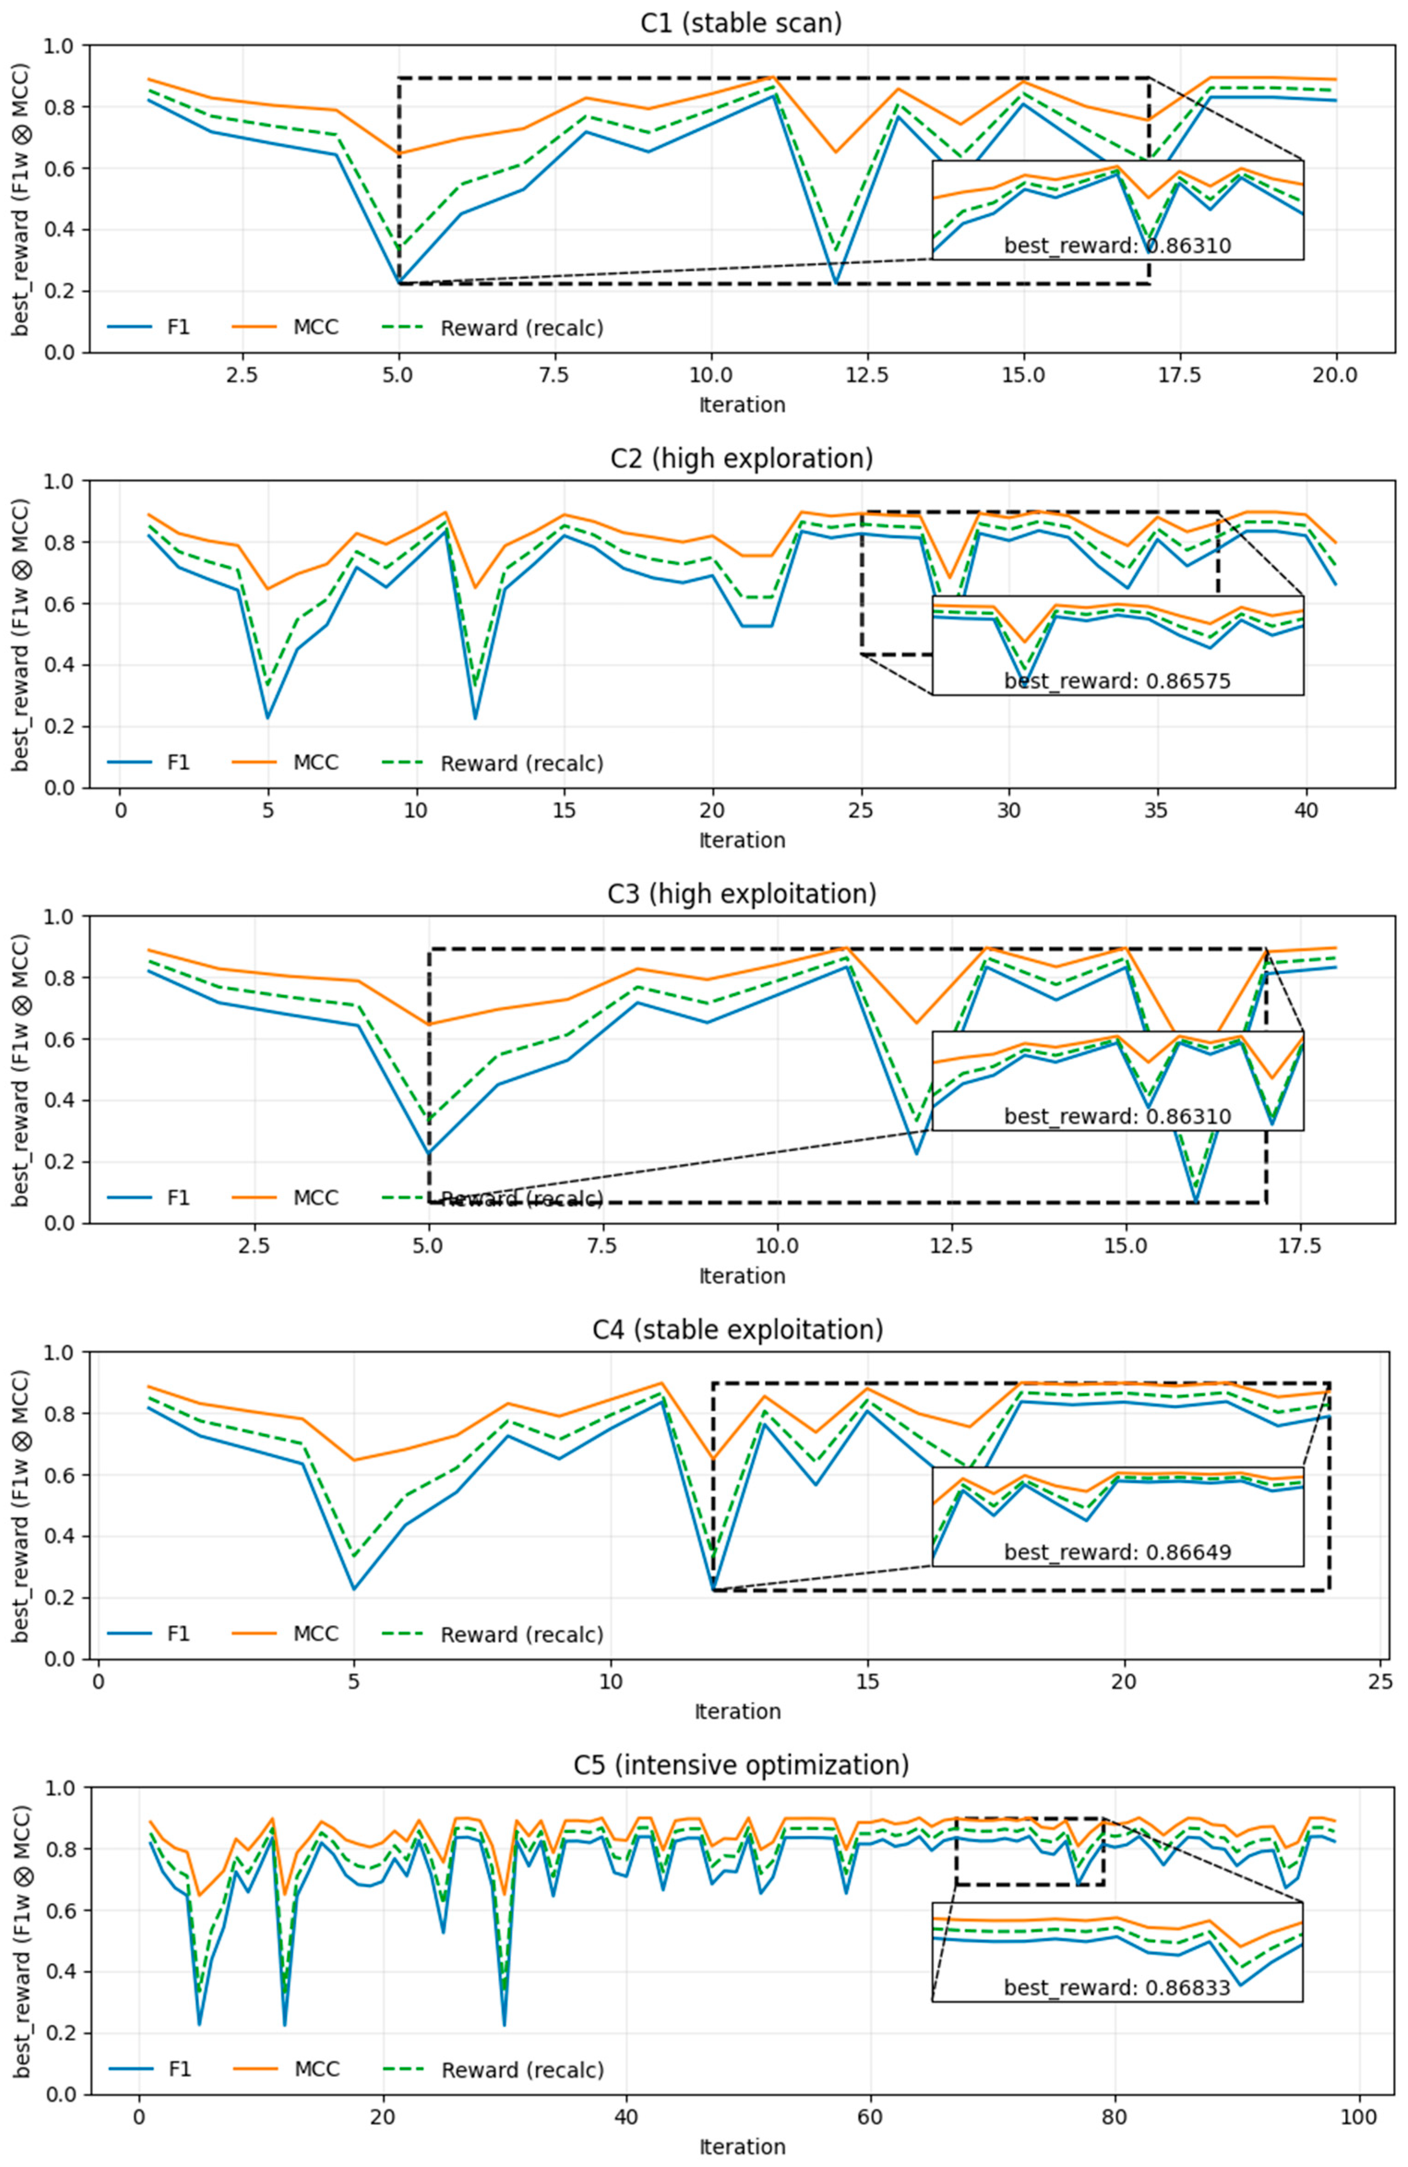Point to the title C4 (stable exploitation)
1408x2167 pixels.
[x=737, y=1329]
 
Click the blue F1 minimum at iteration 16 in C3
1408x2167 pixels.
[x=1195, y=1203]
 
